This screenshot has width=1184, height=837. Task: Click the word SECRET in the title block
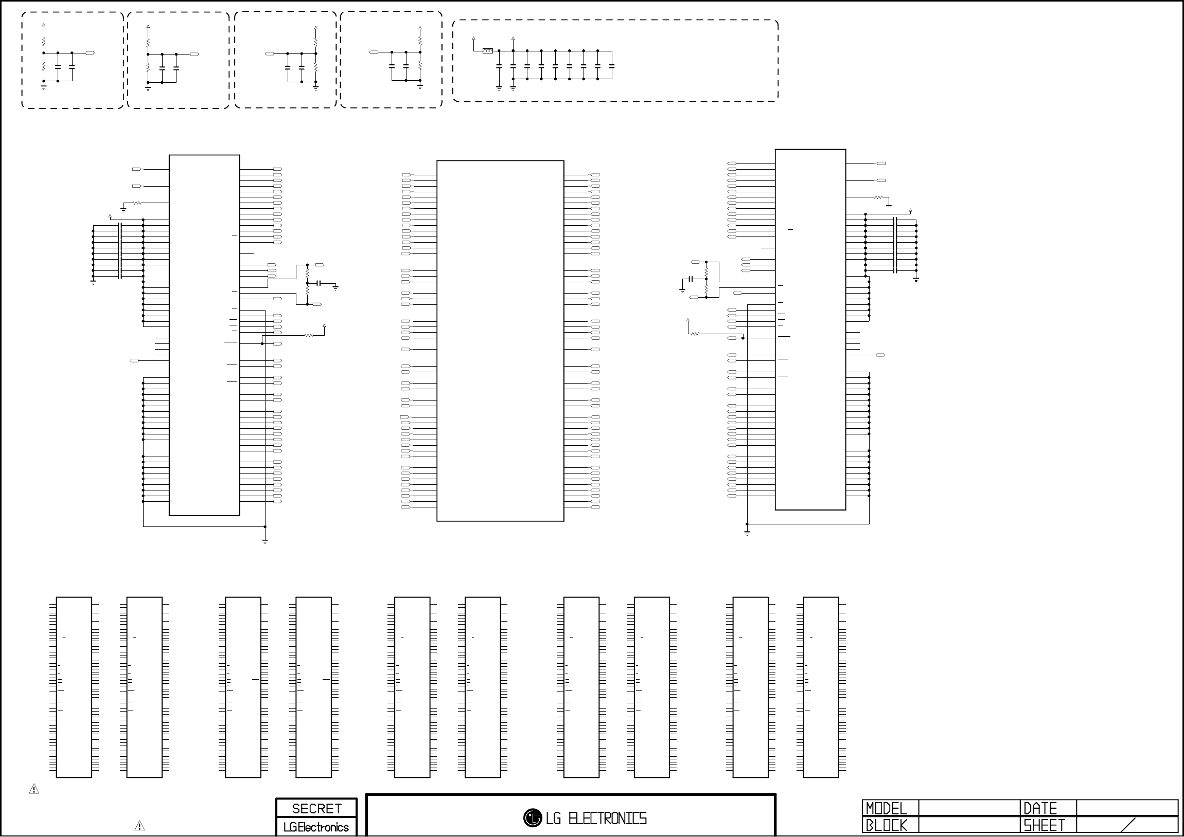tap(316, 808)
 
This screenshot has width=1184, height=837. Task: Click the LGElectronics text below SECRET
tap(316, 827)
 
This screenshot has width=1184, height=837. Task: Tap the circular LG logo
tap(532, 818)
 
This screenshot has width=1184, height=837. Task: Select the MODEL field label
tap(886, 808)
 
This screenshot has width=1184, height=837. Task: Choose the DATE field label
tap(1040, 808)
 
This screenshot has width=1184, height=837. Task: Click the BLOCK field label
tap(886, 826)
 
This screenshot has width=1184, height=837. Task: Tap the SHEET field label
tap(1044, 826)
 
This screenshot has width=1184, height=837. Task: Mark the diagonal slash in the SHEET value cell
tap(1128, 825)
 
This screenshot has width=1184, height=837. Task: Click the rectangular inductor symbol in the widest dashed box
tap(487, 51)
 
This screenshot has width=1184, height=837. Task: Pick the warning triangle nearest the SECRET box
tap(139, 826)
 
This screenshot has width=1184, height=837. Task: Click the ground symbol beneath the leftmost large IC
tap(265, 541)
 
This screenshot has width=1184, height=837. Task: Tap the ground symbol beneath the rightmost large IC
tap(747, 533)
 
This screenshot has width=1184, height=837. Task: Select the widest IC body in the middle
tap(500, 341)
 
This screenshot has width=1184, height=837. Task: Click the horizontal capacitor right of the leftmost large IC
tap(319, 283)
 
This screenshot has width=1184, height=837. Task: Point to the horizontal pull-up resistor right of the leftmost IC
tap(308, 336)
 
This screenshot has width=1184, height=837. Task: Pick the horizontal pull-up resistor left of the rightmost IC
tap(695, 334)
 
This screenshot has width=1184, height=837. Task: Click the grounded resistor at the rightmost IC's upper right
tap(879, 197)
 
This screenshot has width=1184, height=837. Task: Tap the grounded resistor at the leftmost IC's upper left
tap(137, 203)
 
